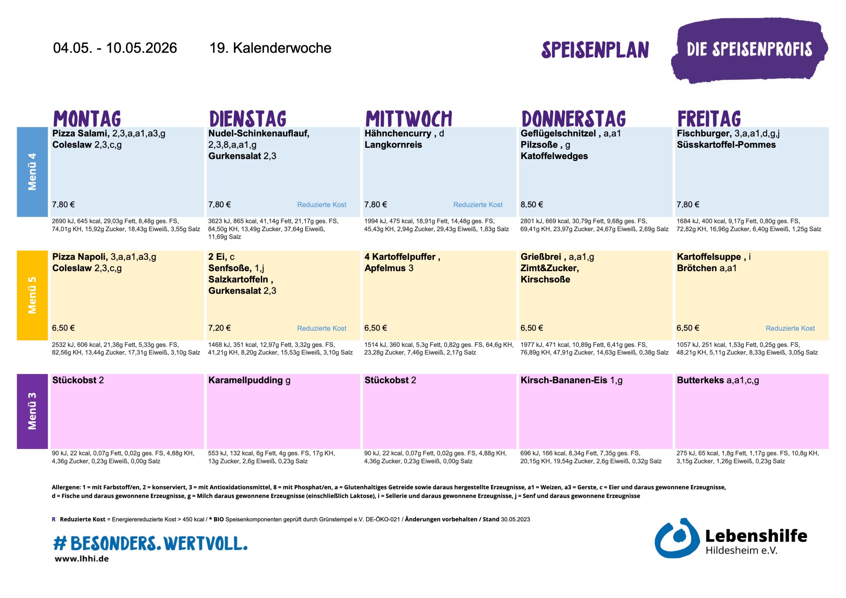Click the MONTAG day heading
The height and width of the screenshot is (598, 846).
(87, 119)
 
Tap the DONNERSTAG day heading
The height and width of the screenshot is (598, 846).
(573, 119)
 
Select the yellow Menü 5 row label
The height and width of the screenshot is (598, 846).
(32, 295)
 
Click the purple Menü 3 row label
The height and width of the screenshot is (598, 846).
(32, 411)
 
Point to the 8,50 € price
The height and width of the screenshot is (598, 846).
(531, 204)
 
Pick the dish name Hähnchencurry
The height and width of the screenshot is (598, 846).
(398, 133)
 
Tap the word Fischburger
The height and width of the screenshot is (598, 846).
(704, 133)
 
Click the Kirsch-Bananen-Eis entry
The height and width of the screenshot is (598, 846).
(563, 380)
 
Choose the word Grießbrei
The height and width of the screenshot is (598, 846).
(541, 257)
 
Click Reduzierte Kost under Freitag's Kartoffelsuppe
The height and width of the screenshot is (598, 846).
(790, 328)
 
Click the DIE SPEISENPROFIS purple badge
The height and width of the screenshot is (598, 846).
(749, 50)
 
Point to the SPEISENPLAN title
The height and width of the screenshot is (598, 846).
(595, 50)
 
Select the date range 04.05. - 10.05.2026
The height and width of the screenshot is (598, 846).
(115, 48)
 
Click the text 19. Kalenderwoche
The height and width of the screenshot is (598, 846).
(270, 48)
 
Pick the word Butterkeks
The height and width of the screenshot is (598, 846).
(700, 380)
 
